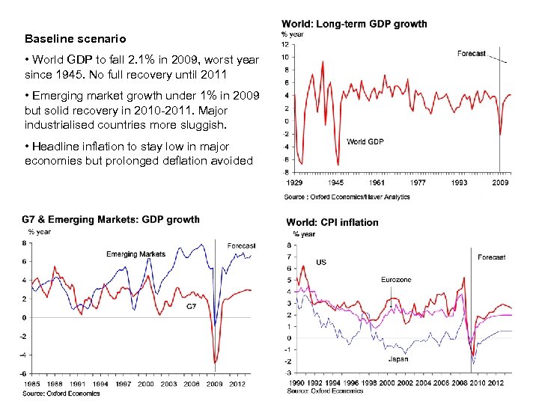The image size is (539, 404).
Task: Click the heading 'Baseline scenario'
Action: click(75, 38)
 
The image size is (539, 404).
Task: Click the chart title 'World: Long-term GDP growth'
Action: click(354, 24)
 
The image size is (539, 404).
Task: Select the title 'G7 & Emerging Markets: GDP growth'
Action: click(111, 219)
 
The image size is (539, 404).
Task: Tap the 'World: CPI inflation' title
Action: click(332, 222)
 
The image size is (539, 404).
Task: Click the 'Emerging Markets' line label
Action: click(135, 254)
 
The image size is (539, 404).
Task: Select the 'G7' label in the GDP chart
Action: click(192, 307)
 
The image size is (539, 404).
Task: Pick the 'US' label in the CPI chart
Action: click(321, 263)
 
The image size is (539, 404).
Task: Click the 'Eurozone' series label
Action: click(396, 280)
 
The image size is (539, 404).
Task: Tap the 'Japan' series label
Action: click(398, 359)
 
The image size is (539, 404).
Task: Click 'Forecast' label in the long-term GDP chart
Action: click(472, 54)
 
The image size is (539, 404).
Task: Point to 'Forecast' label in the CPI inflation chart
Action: click(491, 257)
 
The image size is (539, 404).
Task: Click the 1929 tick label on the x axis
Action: click(294, 183)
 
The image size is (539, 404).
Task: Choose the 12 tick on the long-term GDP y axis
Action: click(285, 43)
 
